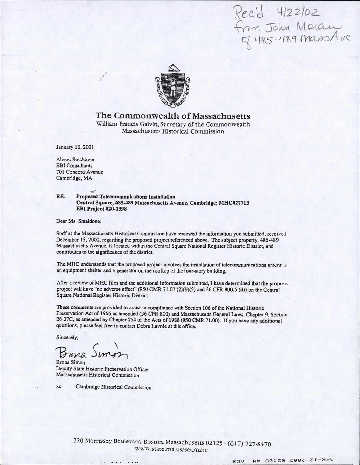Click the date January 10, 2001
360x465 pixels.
pos(75,147)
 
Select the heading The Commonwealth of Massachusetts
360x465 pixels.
pos(173,116)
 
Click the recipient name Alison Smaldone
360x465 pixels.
pos(75,160)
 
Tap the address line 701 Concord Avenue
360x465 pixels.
pos(80,172)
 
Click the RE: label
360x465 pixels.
pos(61,197)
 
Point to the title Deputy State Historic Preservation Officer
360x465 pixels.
pos(102,369)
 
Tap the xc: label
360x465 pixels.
pos(60,387)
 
